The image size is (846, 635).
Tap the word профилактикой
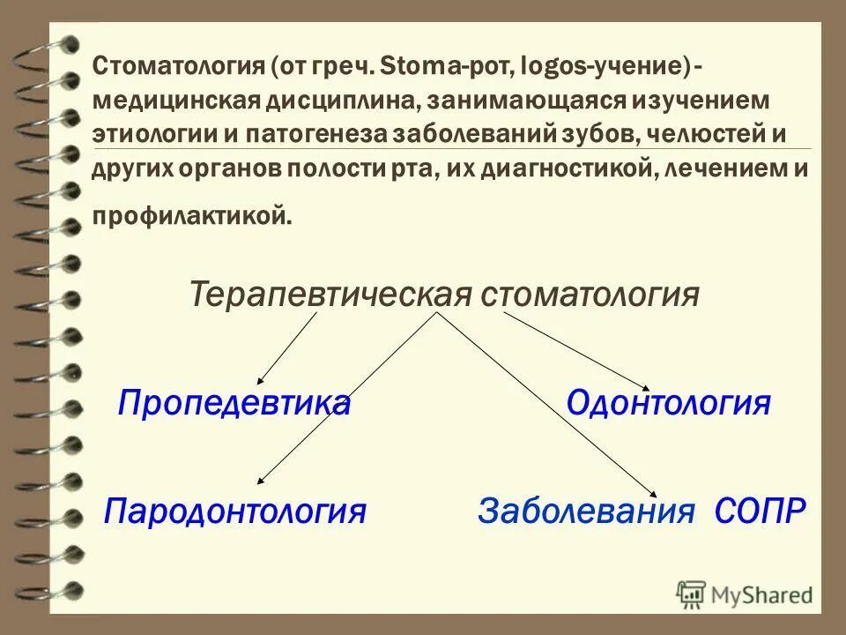coord(189,213)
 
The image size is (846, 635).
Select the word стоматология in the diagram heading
coord(590,293)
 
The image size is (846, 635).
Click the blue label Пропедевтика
coord(234,405)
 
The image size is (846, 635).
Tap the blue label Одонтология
coord(669,405)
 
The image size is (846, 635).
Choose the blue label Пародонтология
coord(234,511)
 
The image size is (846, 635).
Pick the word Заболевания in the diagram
coord(582,511)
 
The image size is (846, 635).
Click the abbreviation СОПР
coord(760,511)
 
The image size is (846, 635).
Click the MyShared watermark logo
coord(745,593)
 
